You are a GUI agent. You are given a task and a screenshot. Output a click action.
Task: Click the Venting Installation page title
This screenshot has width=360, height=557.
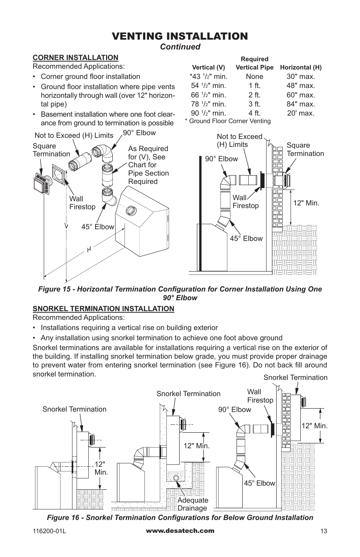pos(180,36)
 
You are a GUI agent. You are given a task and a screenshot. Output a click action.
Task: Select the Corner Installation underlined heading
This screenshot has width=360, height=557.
pos(75,57)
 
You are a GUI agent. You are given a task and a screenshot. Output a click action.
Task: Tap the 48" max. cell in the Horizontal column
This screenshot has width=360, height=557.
pos(300,86)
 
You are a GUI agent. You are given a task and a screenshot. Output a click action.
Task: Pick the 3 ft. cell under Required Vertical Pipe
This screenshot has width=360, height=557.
pos(254,104)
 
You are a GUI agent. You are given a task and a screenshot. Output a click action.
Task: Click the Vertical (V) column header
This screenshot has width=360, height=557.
pos(208,68)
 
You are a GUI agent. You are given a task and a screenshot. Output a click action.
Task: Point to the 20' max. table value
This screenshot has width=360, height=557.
pos(300,113)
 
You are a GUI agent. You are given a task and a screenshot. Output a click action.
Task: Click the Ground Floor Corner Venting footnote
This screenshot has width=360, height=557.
pos(228,121)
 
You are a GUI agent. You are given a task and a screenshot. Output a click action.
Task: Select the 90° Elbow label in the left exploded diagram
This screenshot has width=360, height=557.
pos(139,133)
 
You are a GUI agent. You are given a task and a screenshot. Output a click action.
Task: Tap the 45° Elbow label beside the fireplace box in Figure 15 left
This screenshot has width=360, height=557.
pos(98,227)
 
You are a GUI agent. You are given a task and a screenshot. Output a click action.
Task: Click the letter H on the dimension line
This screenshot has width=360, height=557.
pos(89,249)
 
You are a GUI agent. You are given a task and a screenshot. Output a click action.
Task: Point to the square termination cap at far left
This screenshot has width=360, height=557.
pos(41,185)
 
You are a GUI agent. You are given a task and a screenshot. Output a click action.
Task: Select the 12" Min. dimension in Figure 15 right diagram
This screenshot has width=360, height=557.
pos(306,203)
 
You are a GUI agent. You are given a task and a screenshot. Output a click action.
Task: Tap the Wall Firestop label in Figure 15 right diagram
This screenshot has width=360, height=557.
pos(245,202)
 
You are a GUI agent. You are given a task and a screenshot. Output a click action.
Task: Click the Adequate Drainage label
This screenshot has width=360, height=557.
pos(193,504)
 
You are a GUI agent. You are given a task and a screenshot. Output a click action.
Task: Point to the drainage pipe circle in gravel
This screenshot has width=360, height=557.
pos(176,478)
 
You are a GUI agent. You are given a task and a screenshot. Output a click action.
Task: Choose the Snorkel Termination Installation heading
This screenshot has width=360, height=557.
pos(103,309)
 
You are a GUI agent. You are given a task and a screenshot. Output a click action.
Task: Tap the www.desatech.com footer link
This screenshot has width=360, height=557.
pos(180,531)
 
